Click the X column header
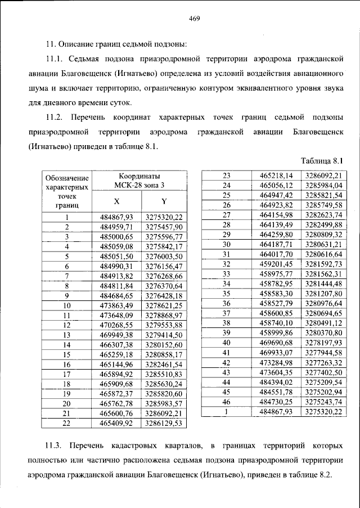coord(116,201)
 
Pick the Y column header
coord(164,201)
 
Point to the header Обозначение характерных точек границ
coord(66,191)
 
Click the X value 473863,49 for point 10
coord(116,305)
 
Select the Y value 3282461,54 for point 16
coord(164,364)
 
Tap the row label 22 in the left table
coord(66,422)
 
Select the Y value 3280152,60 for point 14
coord(164,344)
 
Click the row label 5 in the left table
coord(66,256)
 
